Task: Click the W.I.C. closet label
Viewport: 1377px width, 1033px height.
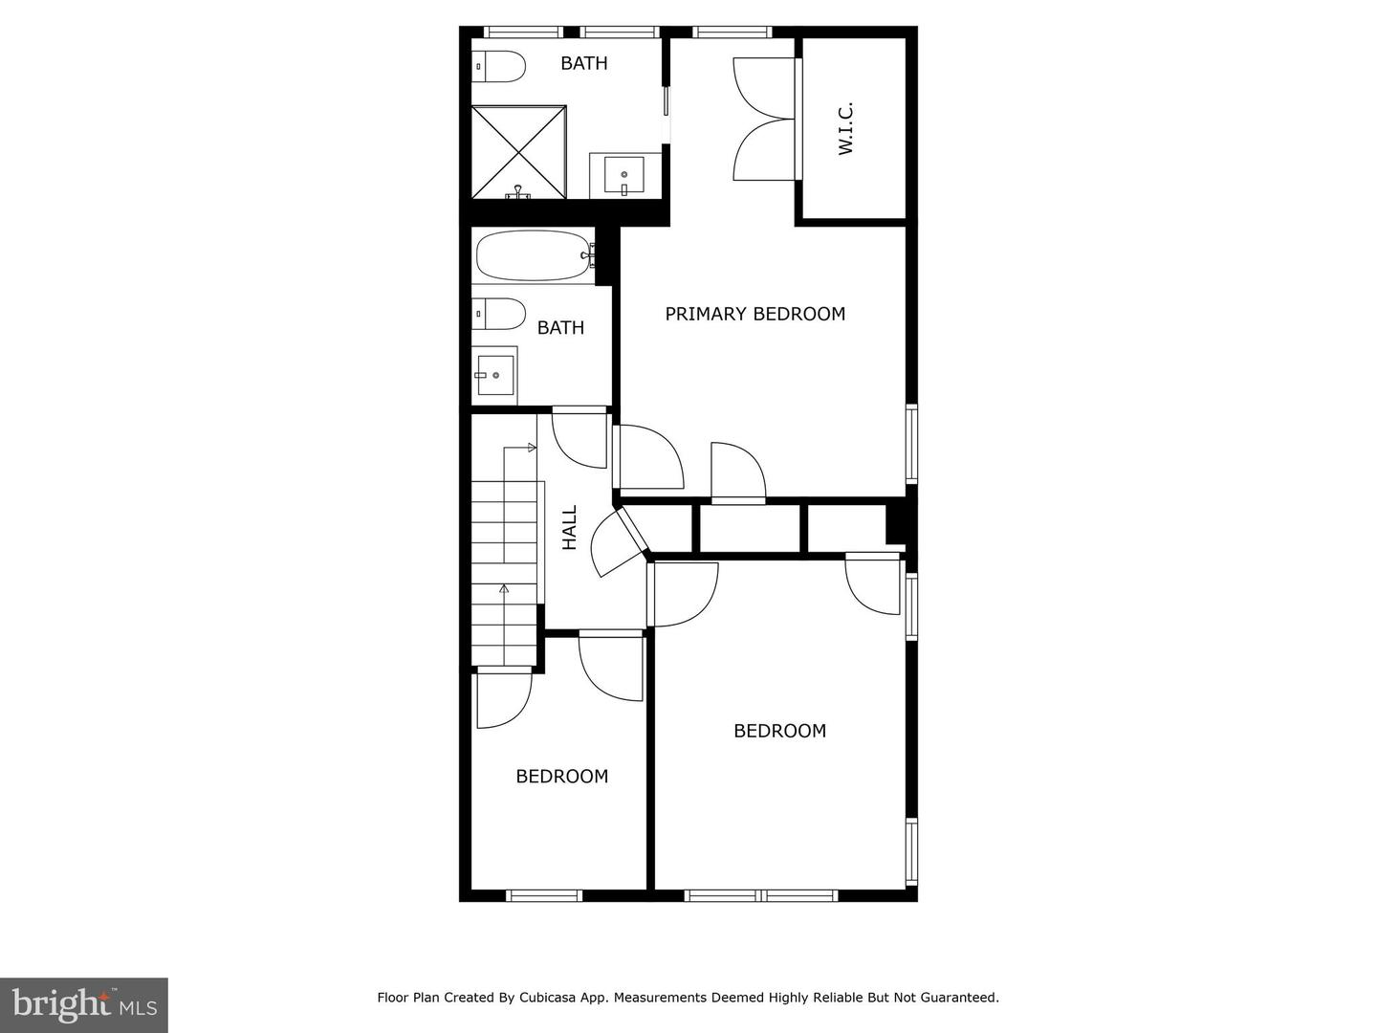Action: coord(845,129)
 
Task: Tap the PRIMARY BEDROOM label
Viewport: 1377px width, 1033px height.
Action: coord(754,314)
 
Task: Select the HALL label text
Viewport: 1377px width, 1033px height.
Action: coord(570,528)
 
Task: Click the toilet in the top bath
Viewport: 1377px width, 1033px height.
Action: coord(499,66)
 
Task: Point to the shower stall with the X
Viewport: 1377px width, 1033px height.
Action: coord(518,152)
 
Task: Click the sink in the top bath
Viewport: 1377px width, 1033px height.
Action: coord(623,175)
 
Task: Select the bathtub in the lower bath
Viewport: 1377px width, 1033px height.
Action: coord(534,255)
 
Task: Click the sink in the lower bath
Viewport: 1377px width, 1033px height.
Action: coord(495,374)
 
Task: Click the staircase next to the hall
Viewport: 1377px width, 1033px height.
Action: coord(505,574)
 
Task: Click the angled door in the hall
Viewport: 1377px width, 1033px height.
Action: coord(617,542)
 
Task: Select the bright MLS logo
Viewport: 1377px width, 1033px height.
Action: coord(84,1004)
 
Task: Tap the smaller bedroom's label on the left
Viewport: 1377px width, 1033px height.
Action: coord(561,777)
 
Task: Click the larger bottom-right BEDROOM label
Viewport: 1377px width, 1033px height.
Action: coord(779,731)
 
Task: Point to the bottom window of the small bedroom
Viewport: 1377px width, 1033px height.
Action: coord(543,895)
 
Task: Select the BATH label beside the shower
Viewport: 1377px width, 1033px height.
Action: coord(583,63)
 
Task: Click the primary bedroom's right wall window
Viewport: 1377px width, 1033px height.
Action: coord(911,444)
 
